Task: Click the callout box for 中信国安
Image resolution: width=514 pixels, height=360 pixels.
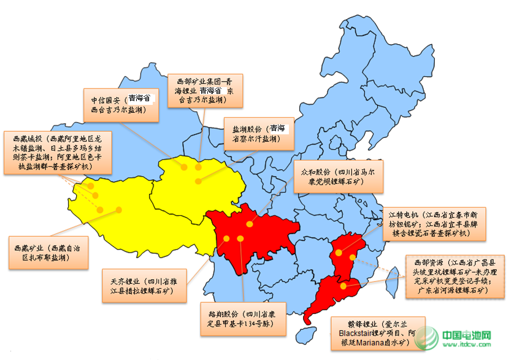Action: click(121, 104)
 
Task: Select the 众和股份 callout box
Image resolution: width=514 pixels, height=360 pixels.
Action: click(339, 177)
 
